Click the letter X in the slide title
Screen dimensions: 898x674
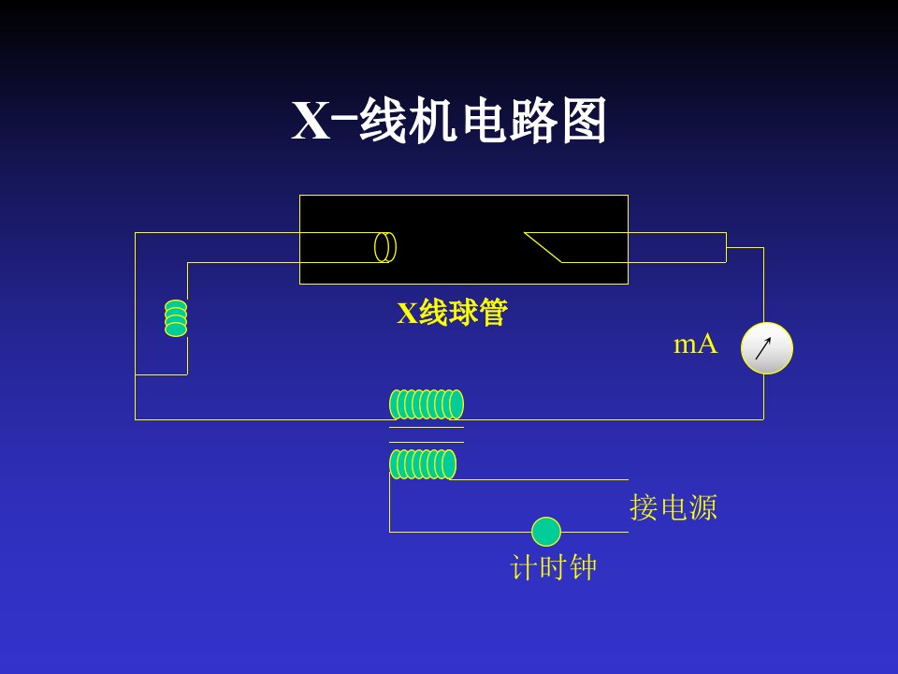pyautogui.click(x=311, y=121)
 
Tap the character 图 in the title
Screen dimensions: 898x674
pyautogui.click(x=584, y=121)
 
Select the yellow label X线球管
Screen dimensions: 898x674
pyautogui.click(x=453, y=313)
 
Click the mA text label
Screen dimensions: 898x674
pyautogui.click(x=695, y=344)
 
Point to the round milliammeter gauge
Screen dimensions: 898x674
pyautogui.click(x=767, y=348)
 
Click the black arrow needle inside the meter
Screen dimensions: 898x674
pyautogui.click(x=763, y=348)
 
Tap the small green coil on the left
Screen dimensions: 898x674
pyautogui.click(x=176, y=318)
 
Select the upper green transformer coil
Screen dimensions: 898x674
pyautogui.click(x=427, y=404)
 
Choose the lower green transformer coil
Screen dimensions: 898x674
pyautogui.click(x=423, y=464)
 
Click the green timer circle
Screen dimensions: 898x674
pyautogui.click(x=546, y=532)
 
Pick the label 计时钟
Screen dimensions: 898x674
pyautogui.click(x=553, y=567)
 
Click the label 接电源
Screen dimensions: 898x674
pyautogui.click(x=673, y=507)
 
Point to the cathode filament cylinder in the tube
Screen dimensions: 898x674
pyautogui.click(x=385, y=247)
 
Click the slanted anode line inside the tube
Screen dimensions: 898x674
pyautogui.click(x=543, y=247)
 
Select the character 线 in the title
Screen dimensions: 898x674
pyautogui.click(x=383, y=121)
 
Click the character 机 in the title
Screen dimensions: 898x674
pyautogui.click(x=433, y=121)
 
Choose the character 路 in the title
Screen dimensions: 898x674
pyautogui.click(x=534, y=121)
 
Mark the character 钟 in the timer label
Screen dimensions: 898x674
pyautogui.click(x=583, y=567)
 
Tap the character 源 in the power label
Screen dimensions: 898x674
pyautogui.click(x=703, y=507)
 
